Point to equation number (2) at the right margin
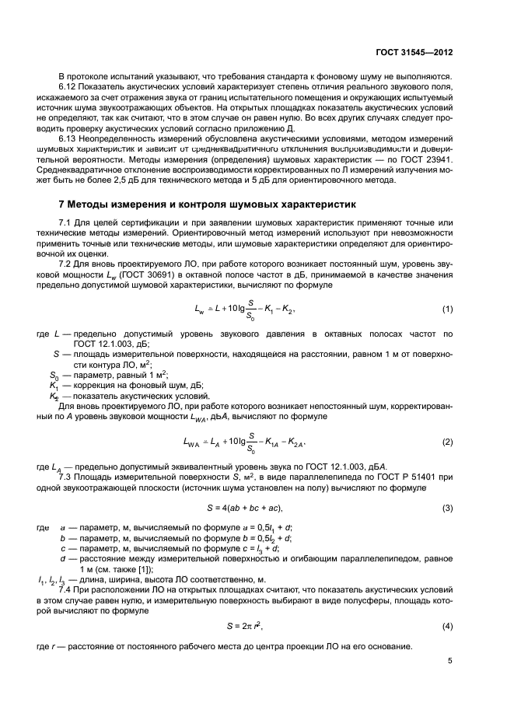(447, 442)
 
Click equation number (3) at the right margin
(447, 508)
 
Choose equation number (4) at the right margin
(447, 625)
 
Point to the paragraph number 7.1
(65, 224)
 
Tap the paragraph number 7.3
(65, 476)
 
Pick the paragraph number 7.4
(65, 590)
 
